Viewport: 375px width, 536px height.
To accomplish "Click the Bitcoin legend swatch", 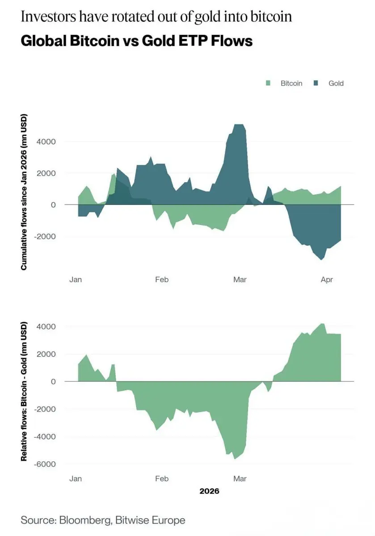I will pos(268,83).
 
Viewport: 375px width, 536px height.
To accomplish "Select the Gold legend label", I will pos(336,83).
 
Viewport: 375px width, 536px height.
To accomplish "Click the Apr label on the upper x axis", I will pos(327,280).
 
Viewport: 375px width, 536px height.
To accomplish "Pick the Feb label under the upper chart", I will pos(161,280).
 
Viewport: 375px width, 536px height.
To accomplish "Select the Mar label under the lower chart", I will pos(240,479).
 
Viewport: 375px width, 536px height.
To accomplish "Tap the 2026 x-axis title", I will pos(209,491).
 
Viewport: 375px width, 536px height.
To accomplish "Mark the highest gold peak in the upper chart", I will pos(239,125).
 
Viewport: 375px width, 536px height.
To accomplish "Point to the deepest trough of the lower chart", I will pos(235,459).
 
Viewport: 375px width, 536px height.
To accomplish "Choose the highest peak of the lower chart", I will pos(322,324).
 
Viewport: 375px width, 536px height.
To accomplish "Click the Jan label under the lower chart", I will pos(76,479).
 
